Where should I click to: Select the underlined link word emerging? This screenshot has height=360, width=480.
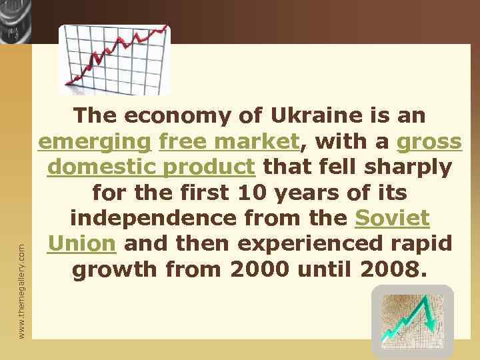(95, 141)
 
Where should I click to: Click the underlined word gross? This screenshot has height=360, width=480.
(429, 141)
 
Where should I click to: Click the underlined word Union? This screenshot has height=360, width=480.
(81, 243)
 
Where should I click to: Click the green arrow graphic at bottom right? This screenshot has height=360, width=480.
(412, 322)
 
